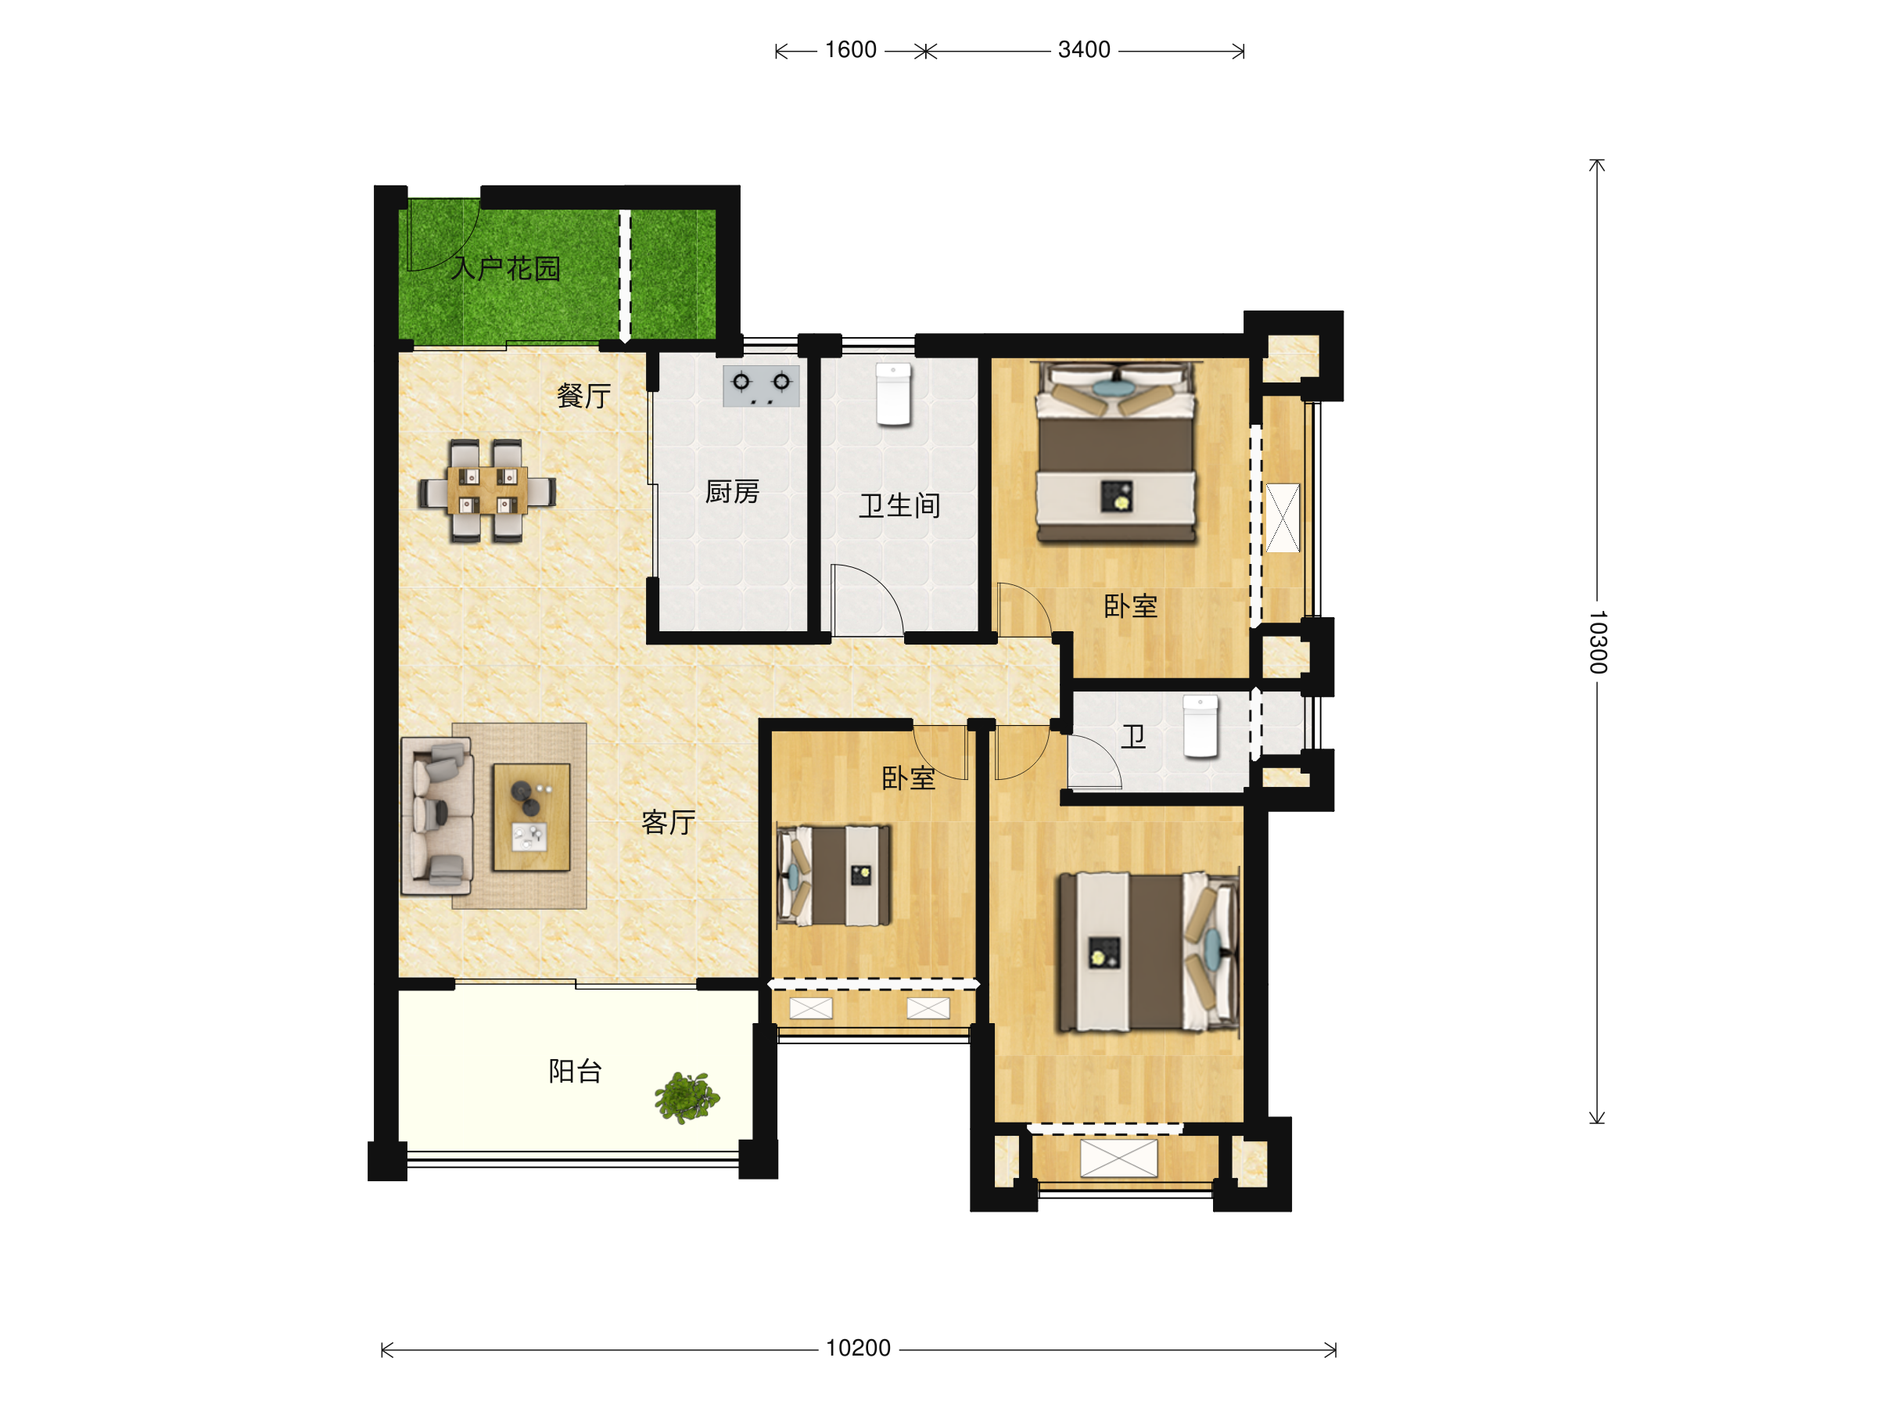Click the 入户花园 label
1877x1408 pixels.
(506, 269)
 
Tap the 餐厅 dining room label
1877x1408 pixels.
(583, 396)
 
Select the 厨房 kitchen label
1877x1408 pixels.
(732, 491)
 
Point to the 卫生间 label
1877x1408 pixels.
(899, 506)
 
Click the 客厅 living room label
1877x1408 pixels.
(669, 821)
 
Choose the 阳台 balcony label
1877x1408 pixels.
(576, 1071)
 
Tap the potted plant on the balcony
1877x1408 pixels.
(687, 1097)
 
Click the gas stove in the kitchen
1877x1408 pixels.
(761, 386)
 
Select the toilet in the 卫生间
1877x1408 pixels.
(893, 395)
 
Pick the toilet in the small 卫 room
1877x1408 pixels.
(1200, 726)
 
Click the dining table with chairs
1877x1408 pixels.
(486, 490)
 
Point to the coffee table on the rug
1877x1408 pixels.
(532, 817)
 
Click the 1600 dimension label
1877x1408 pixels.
(850, 50)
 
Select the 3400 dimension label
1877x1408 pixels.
(1084, 50)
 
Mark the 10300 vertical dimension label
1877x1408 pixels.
(1598, 641)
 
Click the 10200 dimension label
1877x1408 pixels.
(858, 1348)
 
